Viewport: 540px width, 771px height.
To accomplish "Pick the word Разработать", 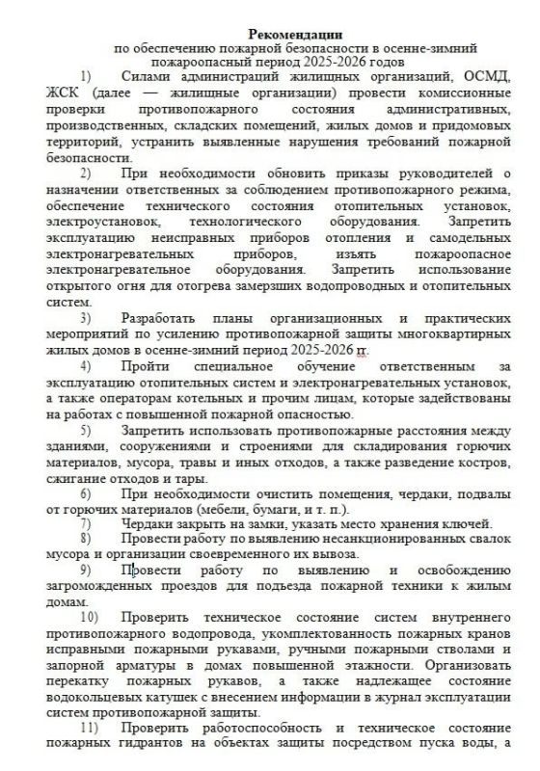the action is tap(167, 317).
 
